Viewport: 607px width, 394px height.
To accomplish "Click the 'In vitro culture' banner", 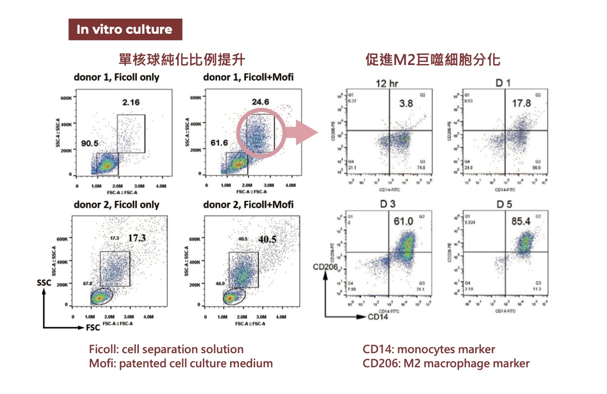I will coord(125,30).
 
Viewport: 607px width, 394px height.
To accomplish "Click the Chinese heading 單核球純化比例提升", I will coord(182,60).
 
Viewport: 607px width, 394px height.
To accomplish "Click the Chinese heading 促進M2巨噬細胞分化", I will coord(433,60).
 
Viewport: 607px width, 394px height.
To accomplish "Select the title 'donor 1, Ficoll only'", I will coord(116,78).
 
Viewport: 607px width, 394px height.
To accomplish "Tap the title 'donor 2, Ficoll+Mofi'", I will coord(248,205).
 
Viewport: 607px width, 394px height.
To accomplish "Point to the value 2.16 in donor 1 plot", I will coord(131,103).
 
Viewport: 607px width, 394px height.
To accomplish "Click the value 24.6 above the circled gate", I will coord(260,102).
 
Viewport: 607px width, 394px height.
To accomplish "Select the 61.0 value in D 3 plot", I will coord(403,220).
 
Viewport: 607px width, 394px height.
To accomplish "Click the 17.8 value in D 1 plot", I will coord(521,103).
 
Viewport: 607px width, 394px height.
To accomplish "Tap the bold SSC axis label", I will coord(44,283).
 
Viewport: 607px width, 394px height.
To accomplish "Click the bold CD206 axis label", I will coord(325,266).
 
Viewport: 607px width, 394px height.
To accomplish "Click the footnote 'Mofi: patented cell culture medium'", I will coord(181,363).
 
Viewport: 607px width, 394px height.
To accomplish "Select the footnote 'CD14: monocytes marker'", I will coord(429,350).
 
